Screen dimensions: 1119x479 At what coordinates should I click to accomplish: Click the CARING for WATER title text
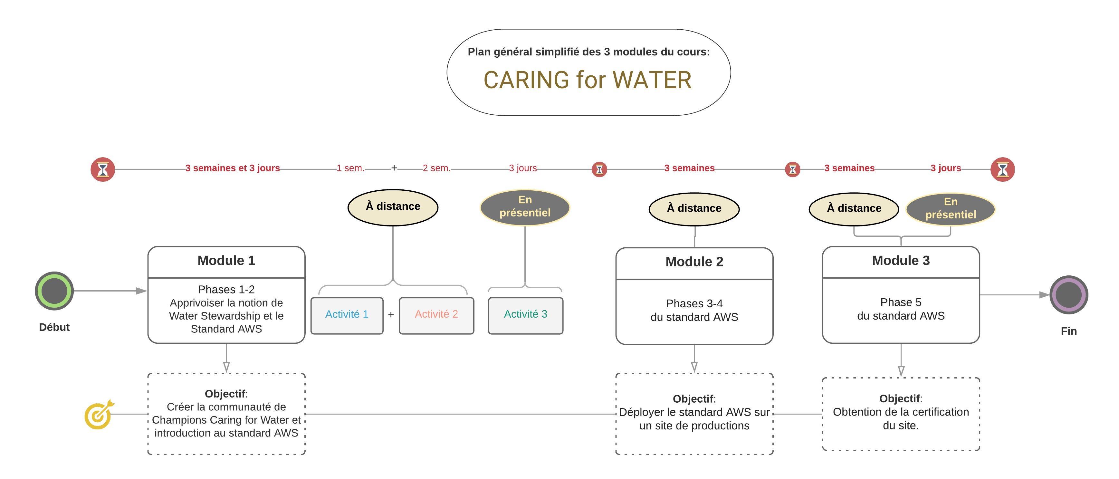click(x=587, y=80)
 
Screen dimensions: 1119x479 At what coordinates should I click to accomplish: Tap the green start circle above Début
click(x=54, y=291)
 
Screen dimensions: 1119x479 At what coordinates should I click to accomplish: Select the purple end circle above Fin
click(x=1069, y=295)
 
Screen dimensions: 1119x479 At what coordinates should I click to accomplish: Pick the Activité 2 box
click(x=436, y=316)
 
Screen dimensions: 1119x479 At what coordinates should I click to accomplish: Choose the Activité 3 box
click(x=526, y=316)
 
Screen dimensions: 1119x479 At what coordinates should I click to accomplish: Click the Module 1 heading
click(x=226, y=261)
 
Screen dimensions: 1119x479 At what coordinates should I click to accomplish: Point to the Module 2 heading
click(x=694, y=262)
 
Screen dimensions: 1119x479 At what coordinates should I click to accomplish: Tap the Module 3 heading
click(x=901, y=261)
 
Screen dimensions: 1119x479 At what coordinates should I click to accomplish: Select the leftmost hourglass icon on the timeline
click(x=102, y=169)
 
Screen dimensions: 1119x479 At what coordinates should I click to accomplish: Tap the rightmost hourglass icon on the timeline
click(x=1003, y=169)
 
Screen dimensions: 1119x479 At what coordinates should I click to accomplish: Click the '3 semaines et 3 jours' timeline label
click(x=233, y=168)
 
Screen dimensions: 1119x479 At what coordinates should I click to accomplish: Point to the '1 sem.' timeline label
click(x=350, y=168)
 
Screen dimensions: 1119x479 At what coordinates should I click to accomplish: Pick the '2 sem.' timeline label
click(x=436, y=168)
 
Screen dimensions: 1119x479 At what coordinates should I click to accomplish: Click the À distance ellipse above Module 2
click(x=694, y=209)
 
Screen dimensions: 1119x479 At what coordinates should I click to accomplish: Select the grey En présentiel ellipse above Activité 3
click(x=525, y=207)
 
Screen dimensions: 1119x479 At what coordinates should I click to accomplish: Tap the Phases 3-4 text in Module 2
click(x=694, y=303)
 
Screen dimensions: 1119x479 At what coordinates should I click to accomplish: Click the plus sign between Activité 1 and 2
click(x=391, y=315)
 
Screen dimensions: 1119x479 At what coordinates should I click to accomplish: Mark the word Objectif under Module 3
click(x=899, y=399)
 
